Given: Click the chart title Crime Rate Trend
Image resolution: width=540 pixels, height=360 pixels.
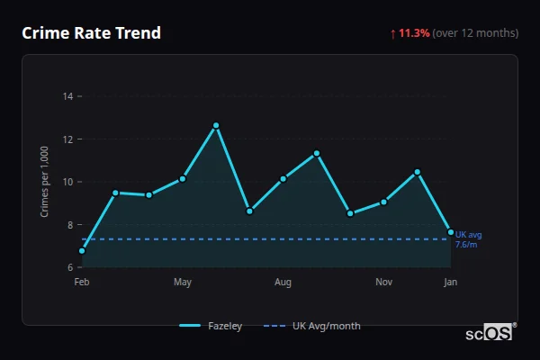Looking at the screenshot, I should [x=91, y=33].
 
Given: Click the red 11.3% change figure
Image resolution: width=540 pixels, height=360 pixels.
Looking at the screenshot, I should [x=415, y=33].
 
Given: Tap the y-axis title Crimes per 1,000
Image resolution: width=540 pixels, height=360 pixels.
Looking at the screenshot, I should [x=44, y=183].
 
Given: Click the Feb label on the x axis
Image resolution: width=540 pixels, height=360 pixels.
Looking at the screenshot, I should [x=82, y=283].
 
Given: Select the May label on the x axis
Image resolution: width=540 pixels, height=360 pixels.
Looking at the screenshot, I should [x=183, y=283].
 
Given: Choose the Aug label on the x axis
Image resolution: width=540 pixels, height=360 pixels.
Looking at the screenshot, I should [x=283, y=283].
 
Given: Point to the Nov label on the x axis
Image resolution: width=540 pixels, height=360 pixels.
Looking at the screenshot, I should [x=383, y=283].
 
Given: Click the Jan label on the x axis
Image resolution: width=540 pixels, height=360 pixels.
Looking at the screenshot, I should [x=451, y=283].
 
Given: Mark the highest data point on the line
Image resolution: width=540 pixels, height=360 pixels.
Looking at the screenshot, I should [x=216, y=125].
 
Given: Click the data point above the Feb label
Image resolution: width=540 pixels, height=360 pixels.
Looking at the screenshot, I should [x=82, y=251].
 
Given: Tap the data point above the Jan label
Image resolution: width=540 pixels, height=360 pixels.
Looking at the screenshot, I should [x=451, y=232].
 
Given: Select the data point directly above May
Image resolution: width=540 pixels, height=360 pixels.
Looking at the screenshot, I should [x=183, y=178].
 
